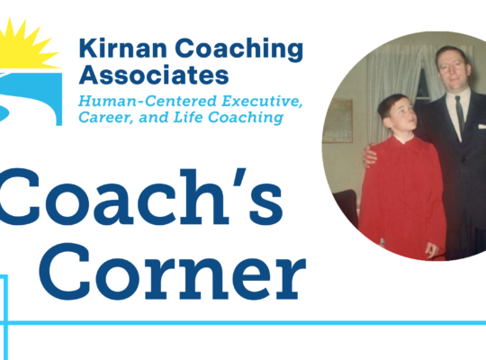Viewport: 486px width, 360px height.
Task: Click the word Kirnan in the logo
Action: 123,49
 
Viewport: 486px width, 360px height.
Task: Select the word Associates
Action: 154,75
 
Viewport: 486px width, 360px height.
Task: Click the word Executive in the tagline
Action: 262,102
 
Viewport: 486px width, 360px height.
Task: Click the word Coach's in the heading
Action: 140,196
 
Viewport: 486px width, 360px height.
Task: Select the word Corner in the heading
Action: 172,272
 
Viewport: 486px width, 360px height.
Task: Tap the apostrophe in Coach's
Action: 239,179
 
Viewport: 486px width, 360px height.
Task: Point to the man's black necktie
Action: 459,113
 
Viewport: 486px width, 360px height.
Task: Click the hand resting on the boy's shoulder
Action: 370,155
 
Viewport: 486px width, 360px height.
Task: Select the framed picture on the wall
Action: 337,121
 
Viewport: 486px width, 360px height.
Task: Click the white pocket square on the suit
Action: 482,126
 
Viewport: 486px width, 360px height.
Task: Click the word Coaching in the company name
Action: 239,49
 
